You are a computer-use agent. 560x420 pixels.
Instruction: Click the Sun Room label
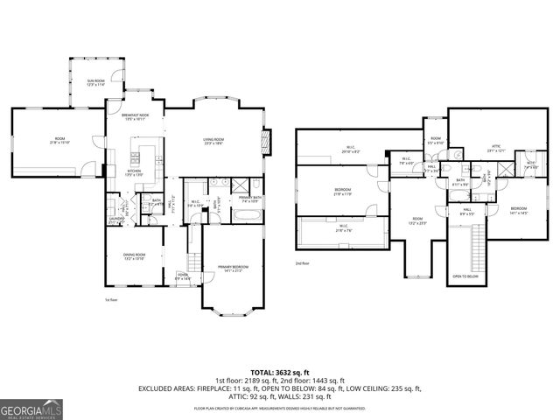coord(95,82)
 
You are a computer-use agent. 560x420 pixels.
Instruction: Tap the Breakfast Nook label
coord(135,116)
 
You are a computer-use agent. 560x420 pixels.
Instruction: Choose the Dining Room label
coord(134,256)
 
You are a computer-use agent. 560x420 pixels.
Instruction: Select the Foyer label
coord(182,276)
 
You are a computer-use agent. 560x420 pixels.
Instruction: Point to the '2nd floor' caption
coord(303,263)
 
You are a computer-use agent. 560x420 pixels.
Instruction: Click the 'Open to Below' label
coord(465,276)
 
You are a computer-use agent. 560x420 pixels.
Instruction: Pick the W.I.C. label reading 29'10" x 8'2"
coord(349,149)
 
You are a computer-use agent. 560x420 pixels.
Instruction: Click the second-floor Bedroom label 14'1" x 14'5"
coord(520,210)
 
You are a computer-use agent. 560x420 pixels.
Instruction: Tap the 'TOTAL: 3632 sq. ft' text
coord(280,372)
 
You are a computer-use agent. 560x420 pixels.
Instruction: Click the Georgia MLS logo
coord(31,409)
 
